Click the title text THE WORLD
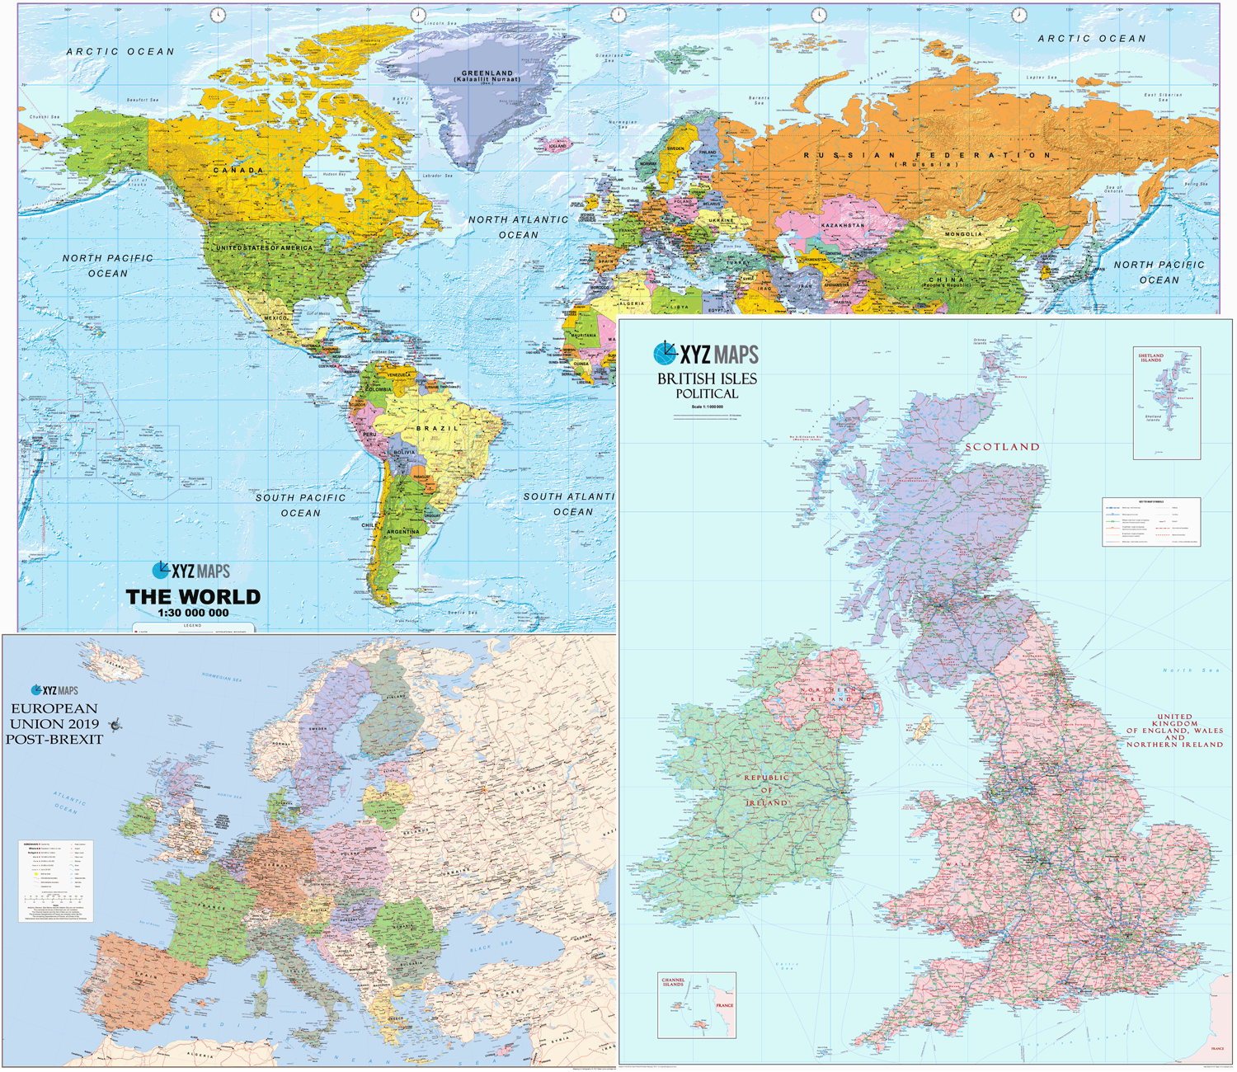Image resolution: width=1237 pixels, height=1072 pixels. point(193,597)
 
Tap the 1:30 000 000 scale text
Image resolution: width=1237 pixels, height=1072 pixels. point(193,614)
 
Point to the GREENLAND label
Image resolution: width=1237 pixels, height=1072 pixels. point(487,73)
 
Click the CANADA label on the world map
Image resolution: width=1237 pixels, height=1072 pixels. point(238,171)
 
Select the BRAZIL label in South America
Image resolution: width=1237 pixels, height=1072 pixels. point(437,429)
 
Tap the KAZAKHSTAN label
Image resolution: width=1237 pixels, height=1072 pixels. point(842,225)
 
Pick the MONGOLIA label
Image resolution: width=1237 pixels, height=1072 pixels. point(963,234)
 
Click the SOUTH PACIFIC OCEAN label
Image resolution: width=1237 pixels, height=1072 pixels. point(300,505)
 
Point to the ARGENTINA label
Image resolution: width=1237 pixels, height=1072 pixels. point(402,532)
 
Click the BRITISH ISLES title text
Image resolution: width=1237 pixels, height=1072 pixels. point(707,379)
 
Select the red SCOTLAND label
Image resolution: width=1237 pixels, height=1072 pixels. point(1002,447)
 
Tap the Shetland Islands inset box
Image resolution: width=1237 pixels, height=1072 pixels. point(1166,403)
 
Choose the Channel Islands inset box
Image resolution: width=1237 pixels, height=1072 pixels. point(696,1005)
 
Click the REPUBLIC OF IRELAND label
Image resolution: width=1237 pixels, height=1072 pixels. point(767,790)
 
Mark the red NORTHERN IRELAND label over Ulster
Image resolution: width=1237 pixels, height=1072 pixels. point(827,694)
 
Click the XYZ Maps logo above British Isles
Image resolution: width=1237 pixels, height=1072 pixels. point(706,355)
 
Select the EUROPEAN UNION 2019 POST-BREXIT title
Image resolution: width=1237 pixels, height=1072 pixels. point(54,724)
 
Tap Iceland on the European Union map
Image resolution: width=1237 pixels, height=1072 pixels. point(111,664)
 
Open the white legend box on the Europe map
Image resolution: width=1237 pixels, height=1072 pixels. point(56,881)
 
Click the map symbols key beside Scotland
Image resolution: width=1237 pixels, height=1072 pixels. point(1151,521)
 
